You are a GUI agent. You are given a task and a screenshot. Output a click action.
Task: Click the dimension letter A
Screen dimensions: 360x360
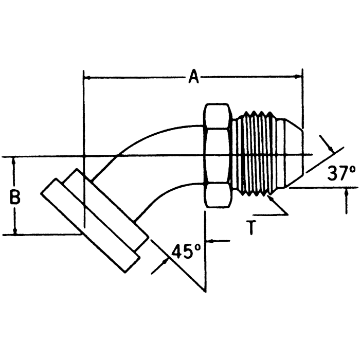[193, 77]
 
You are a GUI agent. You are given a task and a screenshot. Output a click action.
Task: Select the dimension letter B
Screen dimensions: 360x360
[15, 197]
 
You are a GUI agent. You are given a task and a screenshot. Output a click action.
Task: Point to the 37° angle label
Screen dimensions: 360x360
[341, 173]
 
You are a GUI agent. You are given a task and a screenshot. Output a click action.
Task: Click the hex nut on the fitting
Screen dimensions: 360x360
[218, 155]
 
